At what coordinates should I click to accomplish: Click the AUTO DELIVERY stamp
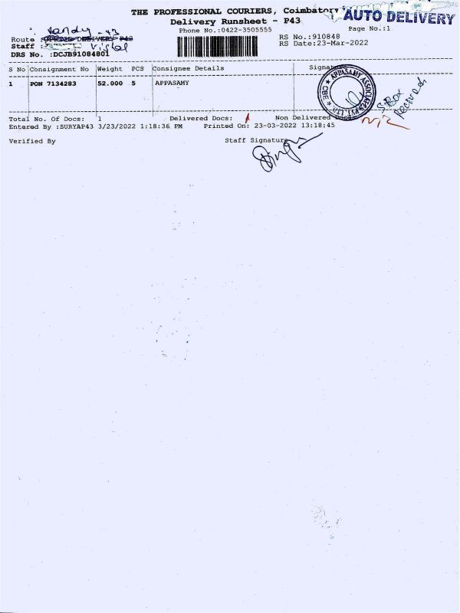click(x=399, y=18)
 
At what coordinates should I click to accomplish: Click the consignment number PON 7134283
click(x=52, y=83)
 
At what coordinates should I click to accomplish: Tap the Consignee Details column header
click(x=189, y=68)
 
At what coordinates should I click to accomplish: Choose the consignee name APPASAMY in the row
click(x=172, y=83)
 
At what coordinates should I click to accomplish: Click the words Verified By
click(x=32, y=141)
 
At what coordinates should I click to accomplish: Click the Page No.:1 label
click(x=370, y=28)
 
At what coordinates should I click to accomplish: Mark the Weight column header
click(x=110, y=68)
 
